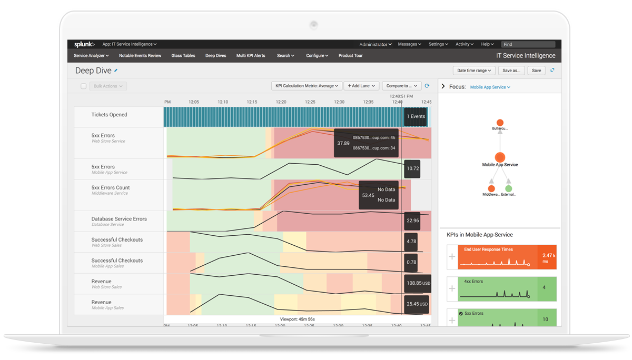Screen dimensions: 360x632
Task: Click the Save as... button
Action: click(511, 70)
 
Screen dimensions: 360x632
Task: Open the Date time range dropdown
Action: click(473, 70)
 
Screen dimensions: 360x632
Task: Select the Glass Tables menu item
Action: click(183, 55)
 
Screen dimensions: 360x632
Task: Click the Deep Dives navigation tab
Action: click(215, 55)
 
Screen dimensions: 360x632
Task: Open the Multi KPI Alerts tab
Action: click(251, 55)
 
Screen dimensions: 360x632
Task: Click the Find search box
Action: click(528, 44)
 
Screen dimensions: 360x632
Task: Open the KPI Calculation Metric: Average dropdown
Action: click(307, 86)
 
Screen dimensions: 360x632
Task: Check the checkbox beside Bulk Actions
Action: click(83, 86)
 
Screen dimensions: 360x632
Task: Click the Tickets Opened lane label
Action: click(109, 115)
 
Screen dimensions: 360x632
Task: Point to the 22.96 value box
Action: click(412, 221)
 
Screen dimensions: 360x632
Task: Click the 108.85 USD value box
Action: click(417, 283)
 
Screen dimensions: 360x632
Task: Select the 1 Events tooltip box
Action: click(415, 116)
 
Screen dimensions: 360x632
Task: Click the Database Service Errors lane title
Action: click(118, 219)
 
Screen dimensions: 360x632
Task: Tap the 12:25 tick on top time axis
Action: click(310, 102)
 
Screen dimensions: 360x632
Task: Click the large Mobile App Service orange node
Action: click(500, 157)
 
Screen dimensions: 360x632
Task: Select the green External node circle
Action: click(508, 188)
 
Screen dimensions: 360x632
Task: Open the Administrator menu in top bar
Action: click(376, 44)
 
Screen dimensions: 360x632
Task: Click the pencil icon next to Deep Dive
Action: click(116, 70)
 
